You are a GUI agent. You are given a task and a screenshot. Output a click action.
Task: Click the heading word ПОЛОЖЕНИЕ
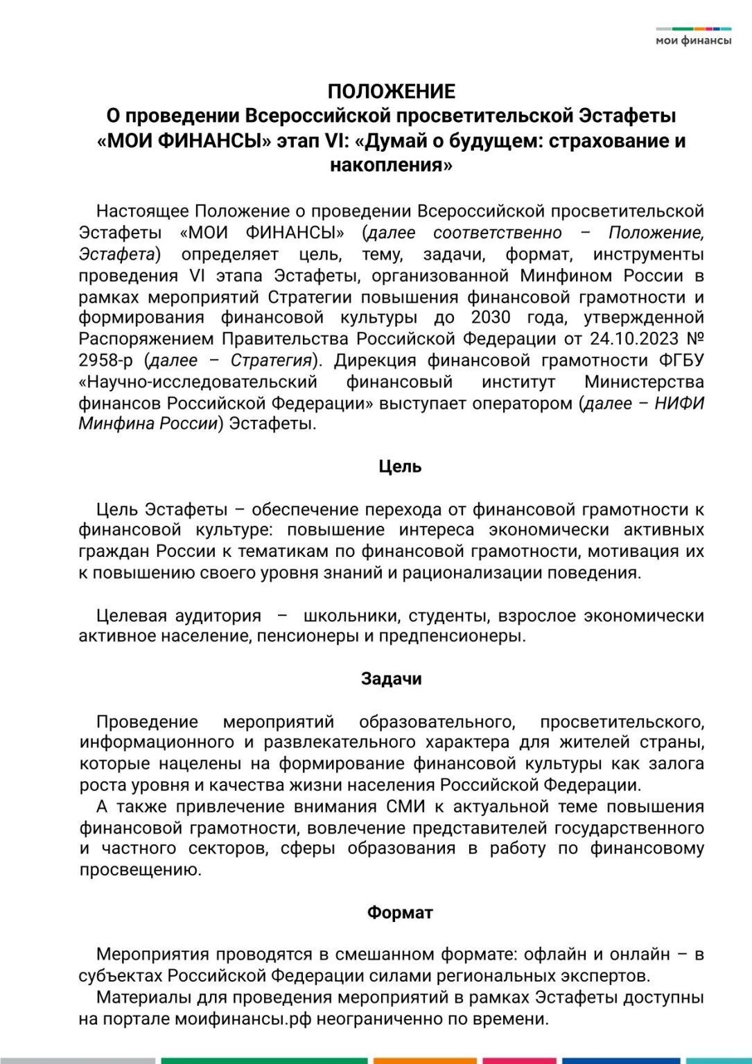392,91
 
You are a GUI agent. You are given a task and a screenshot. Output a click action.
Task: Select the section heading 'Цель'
400,467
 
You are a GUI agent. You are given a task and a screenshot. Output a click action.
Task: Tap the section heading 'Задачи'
392,679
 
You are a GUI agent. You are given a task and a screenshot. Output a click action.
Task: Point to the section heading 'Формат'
400,912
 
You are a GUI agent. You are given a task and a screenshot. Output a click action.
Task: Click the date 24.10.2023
634,339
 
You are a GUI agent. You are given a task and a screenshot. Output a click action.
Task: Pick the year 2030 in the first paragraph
490,318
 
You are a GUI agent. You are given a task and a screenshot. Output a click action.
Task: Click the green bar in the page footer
264,1061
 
